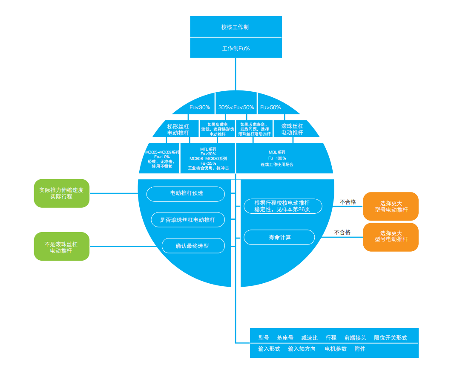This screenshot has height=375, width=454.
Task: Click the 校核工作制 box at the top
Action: click(235, 27)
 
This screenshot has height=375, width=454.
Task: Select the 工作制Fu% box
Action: click(236, 48)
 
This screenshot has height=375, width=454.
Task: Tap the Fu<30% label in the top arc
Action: click(200, 108)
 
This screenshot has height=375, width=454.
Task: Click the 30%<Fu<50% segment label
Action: click(236, 108)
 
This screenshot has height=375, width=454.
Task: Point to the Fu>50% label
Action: click(270, 108)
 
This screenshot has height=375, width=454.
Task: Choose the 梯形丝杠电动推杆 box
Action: click(178, 129)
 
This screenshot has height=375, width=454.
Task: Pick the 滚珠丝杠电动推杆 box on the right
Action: click(292, 129)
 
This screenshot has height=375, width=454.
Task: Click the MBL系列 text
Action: click(277, 152)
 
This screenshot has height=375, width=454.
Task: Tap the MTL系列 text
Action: click(208, 149)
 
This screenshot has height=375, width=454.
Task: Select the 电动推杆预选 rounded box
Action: click(186, 194)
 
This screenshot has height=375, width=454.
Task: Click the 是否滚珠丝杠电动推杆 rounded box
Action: click(187, 220)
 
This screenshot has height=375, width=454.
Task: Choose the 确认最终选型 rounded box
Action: click(193, 246)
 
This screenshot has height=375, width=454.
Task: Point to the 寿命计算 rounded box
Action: click(279, 237)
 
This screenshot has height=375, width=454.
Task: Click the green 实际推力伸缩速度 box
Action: click(61, 193)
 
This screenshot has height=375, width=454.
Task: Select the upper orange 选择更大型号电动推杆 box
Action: click(391, 206)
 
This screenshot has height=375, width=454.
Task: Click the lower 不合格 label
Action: click(342, 233)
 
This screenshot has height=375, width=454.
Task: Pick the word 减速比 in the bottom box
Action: click(309, 338)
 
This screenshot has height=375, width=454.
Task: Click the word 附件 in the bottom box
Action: click(360, 349)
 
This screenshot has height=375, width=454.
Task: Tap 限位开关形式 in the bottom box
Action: click(390, 338)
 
